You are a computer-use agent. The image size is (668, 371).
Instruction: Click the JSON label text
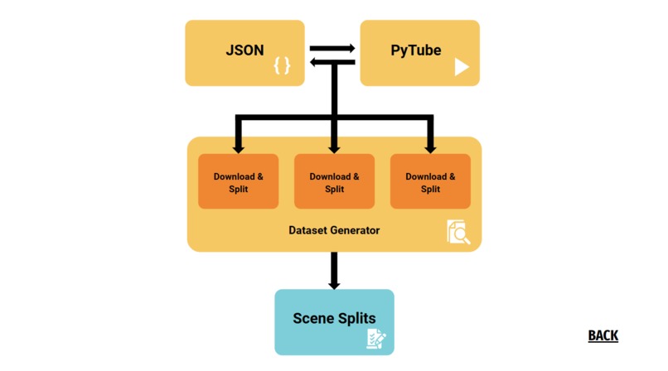click(x=244, y=50)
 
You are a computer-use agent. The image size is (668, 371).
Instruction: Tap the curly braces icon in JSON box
click(x=283, y=65)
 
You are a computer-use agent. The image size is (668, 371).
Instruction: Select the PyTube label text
click(x=415, y=50)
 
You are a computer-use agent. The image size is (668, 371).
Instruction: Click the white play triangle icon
click(x=462, y=67)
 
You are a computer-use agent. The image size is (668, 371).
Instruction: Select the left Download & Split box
click(x=239, y=182)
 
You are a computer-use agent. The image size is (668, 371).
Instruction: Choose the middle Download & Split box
click(x=334, y=182)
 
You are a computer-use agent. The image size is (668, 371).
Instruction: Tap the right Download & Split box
click(x=430, y=182)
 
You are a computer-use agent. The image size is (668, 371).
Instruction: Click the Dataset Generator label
click(x=334, y=230)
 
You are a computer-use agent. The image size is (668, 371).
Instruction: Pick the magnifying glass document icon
click(x=458, y=232)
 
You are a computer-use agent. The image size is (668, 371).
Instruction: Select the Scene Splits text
click(x=334, y=318)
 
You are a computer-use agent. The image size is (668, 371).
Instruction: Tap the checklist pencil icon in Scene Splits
click(x=377, y=338)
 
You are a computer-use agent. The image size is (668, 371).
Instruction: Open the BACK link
click(x=603, y=335)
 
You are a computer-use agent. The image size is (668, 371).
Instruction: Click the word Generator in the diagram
click(x=355, y=230)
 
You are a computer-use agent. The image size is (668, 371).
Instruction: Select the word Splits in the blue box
click(x=356, y=318)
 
